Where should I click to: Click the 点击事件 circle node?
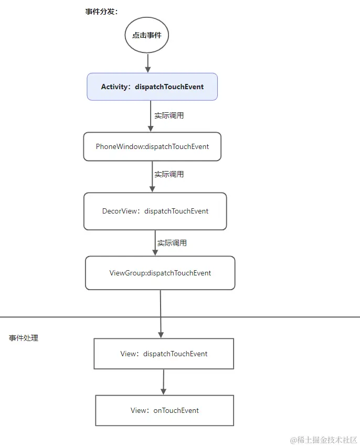pos(147,35)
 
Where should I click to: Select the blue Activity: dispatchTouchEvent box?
pos(152,87)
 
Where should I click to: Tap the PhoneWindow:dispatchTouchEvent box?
pos(152,146)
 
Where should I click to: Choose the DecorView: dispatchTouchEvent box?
pos(155,211)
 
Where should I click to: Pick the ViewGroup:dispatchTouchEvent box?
pos(160,273)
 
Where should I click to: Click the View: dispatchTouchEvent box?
pos(164,354)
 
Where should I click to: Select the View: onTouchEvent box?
pos(164,410)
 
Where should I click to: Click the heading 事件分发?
pos(102,12)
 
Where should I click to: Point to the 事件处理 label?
pos(24,338)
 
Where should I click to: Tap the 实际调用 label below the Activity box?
pos(169,115)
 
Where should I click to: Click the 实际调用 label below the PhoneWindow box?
pos(169,174)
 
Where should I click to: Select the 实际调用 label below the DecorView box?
pos(172,243)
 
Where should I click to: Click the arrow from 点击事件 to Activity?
pos(147,63)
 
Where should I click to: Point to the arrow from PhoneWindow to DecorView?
pos(152,176)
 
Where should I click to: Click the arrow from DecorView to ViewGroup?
pos(155,243)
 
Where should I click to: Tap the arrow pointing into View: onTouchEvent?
pos(164,381)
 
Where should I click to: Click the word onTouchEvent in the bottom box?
pos(176,410)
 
